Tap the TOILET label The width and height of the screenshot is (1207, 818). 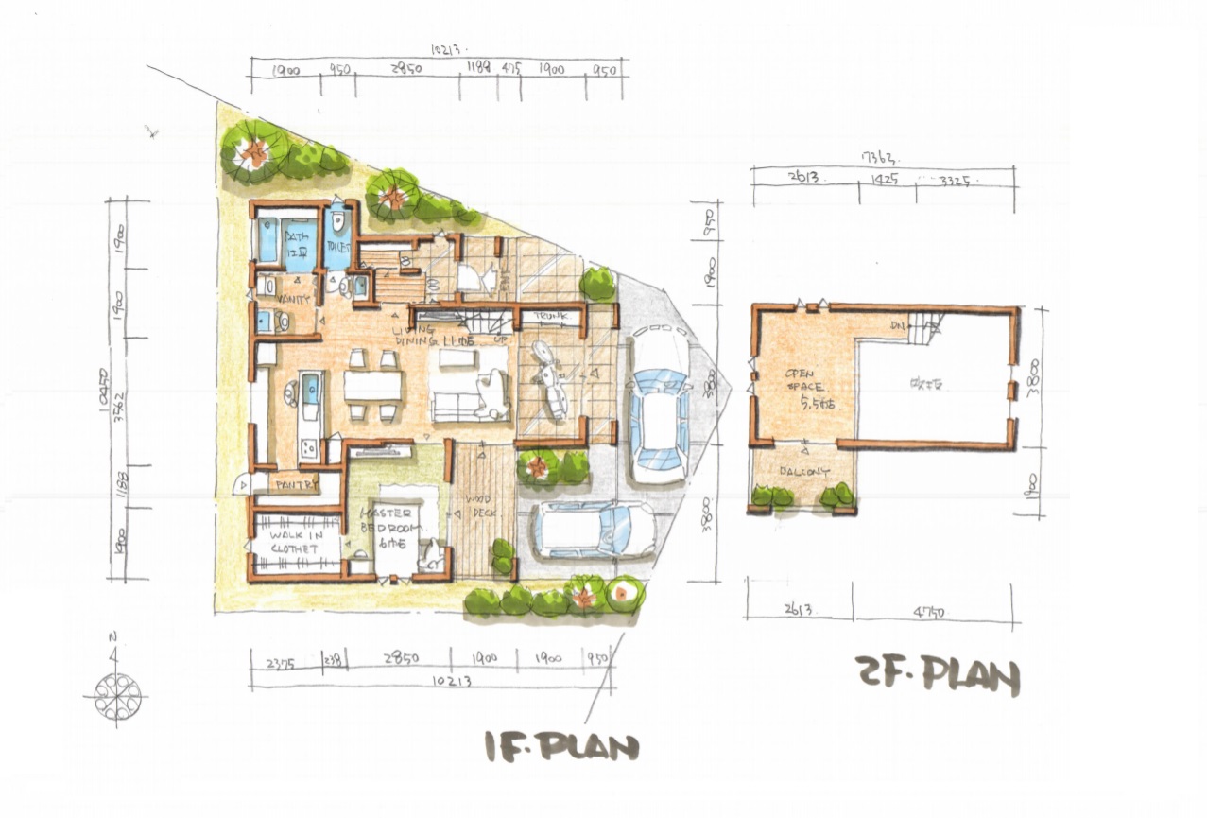(x=337, y=246)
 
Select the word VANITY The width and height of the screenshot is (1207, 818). (x=294, y=299)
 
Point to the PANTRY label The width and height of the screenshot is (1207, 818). (x=294, y=485)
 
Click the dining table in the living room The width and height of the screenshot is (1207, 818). (x=372, y=385)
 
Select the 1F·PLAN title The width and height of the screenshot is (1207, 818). (x=561, y=747)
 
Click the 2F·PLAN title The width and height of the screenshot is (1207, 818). (x=938, y=676)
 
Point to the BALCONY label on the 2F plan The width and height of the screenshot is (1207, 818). (x=804, y=471)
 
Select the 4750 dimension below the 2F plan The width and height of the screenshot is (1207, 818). (x=930, y=612)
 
